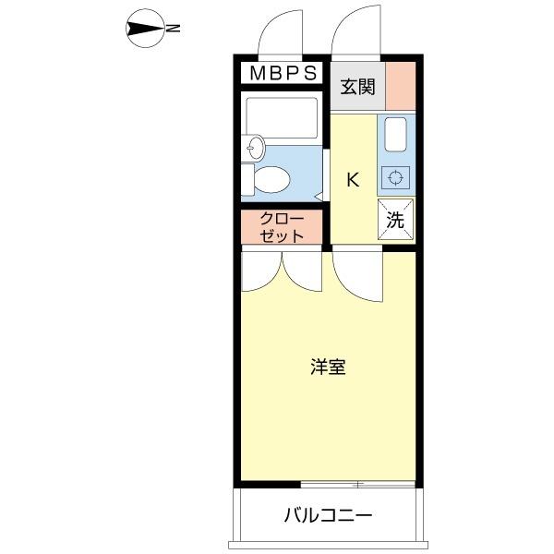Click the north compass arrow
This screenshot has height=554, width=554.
(144, 30)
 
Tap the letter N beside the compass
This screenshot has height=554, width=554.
(173, 30)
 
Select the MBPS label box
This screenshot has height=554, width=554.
(283, 72)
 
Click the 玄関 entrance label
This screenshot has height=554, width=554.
(356, 88)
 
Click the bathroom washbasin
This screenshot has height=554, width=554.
(256, 147)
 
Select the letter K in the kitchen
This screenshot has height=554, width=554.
(353, 180)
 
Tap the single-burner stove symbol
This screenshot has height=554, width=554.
(396, 177)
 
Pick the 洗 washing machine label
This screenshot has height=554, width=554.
(395, 220)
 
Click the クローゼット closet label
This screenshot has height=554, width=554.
(282, 227)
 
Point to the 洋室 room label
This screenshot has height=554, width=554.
(328, 367)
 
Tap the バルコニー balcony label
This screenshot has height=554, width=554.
(328, 514)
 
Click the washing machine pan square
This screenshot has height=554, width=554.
(395, 220)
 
